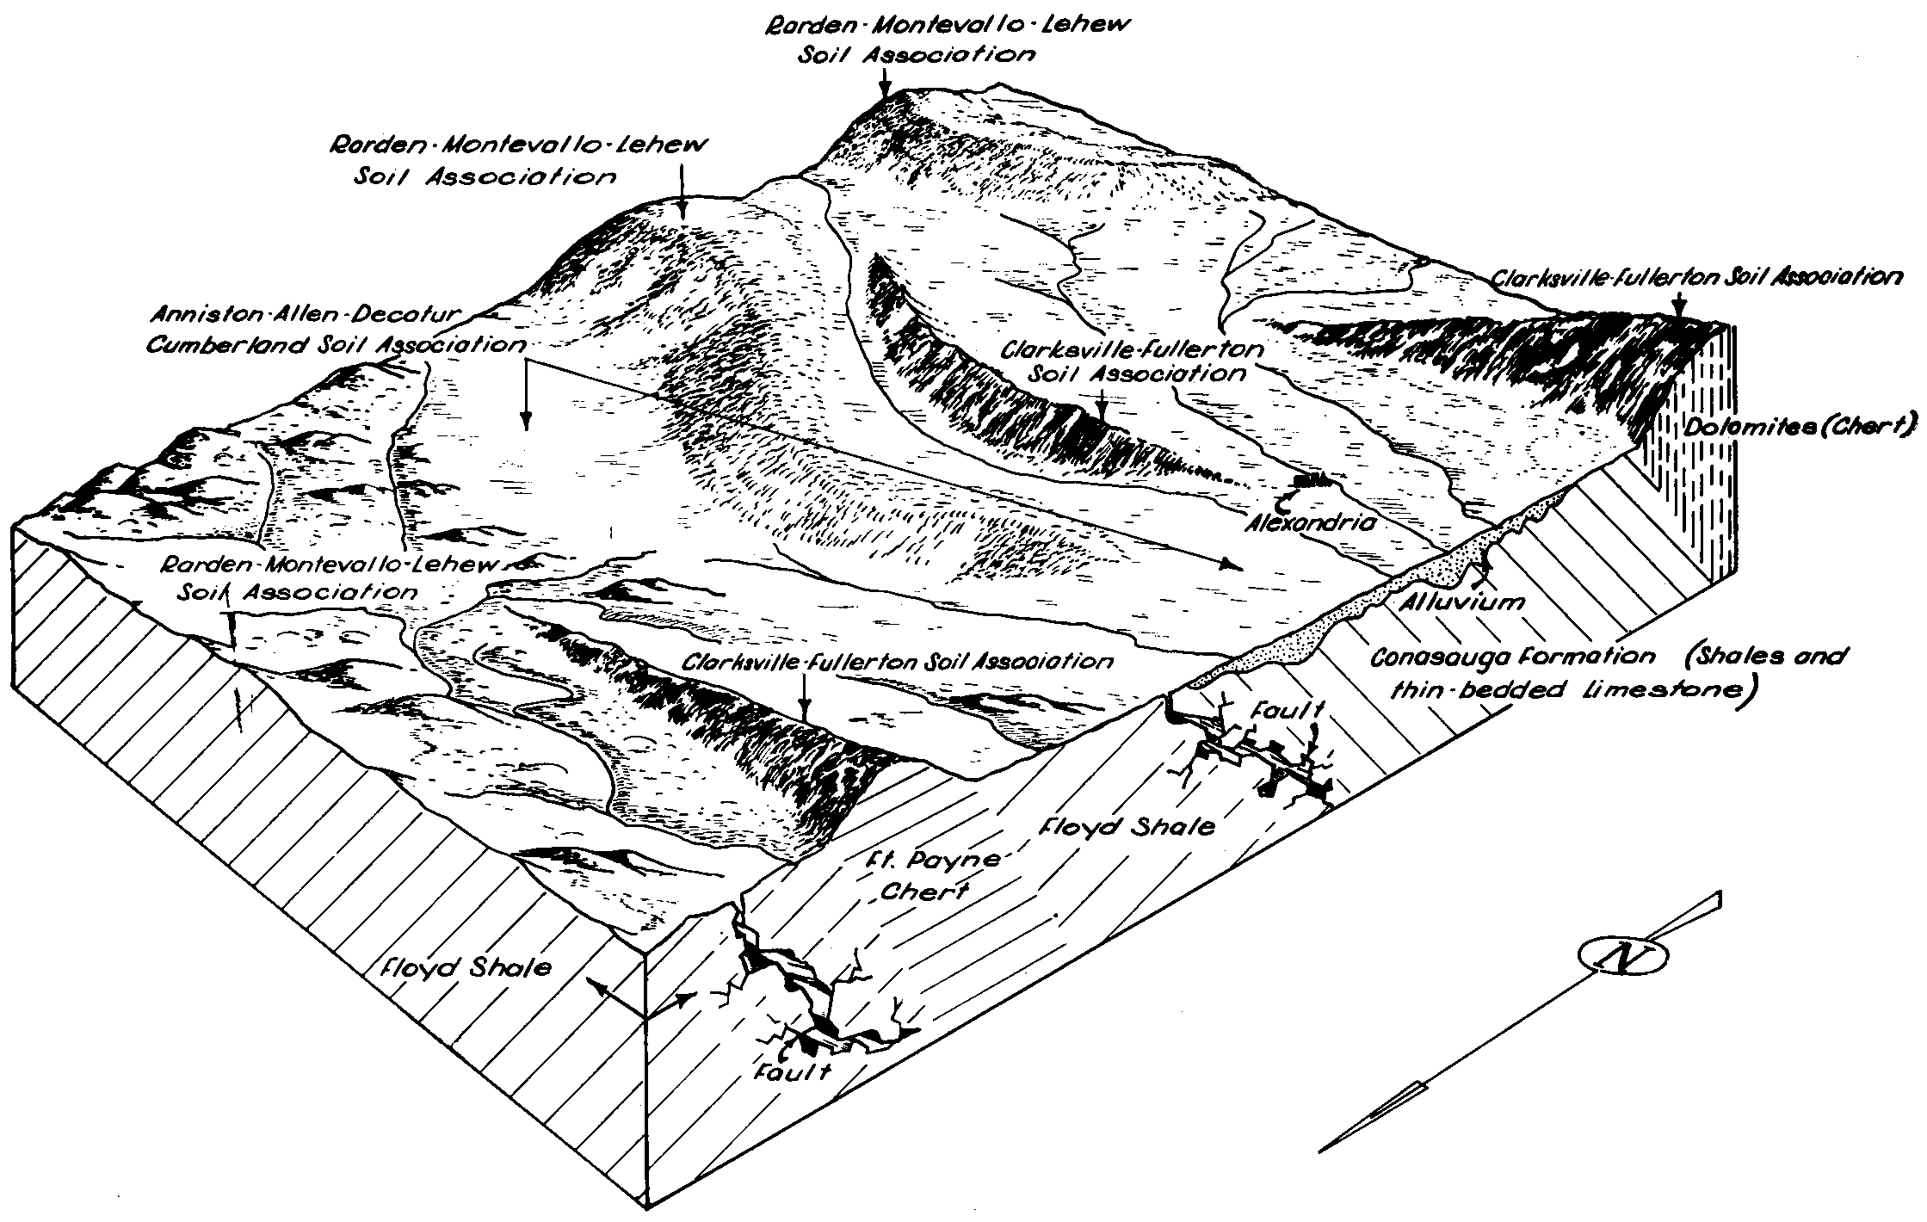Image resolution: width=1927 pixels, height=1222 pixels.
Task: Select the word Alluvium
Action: pyautogui.click(x=1461, y=601)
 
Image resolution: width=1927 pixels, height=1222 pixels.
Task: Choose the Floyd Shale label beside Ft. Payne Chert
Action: pyautogui.click(x=1127, y=826)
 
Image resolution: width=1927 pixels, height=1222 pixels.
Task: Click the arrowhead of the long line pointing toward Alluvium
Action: pyautogui.click(x=1232, y=565)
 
